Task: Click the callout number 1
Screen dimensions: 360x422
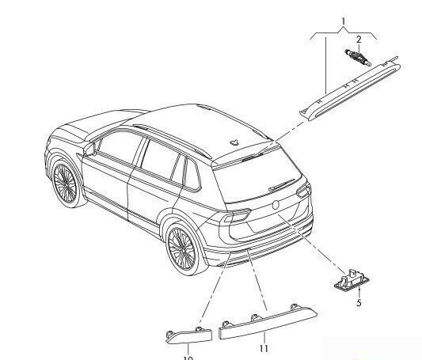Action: (x=343, y=18)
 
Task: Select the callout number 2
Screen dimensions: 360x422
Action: (x=358, y=38)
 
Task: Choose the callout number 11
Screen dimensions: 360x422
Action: (x=264, y=348)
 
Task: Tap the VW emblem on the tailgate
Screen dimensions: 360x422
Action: (x=276, y=204)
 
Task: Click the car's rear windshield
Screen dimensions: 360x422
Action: (x=257, y=179)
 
